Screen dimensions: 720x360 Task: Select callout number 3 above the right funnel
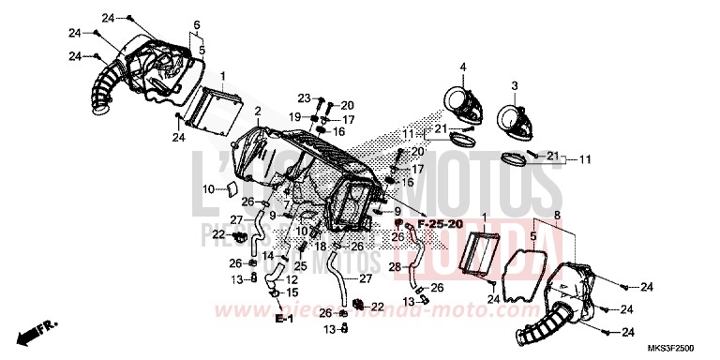click(514, 85)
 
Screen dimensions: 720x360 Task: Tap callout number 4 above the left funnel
click(462, 66)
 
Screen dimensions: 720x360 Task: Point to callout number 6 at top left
click(197, 23)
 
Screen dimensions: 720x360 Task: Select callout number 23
click(305, 98)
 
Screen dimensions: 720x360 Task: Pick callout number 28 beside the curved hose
click(394, 267)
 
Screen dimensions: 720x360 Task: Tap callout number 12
click(292, 278)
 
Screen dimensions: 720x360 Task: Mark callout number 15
click(292, 292)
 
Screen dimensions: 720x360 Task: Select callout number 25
click(300, 266)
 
